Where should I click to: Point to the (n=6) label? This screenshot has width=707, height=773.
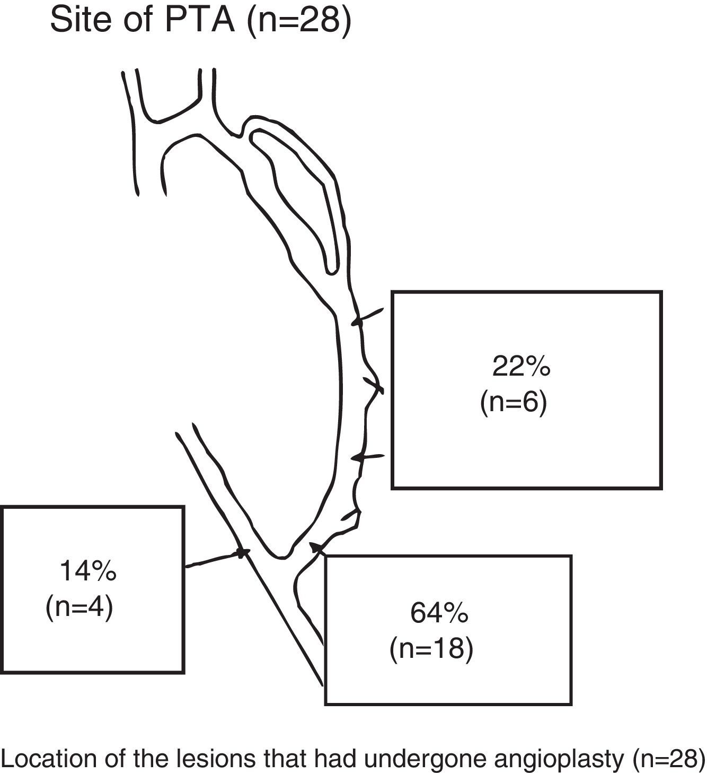tap(513, 402)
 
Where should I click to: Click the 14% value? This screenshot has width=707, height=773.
tap(88, 571)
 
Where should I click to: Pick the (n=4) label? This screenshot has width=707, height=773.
tap(79, 607)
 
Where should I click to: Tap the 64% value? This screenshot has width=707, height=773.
tap(439, 613)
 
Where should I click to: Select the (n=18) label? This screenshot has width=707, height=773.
tap(431, 649)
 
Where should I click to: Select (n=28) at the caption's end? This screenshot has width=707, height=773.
tap(668, 759)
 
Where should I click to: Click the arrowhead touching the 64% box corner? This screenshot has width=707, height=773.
tap(316, 546)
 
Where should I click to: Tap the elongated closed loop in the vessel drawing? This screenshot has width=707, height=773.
tap(297, 196)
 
